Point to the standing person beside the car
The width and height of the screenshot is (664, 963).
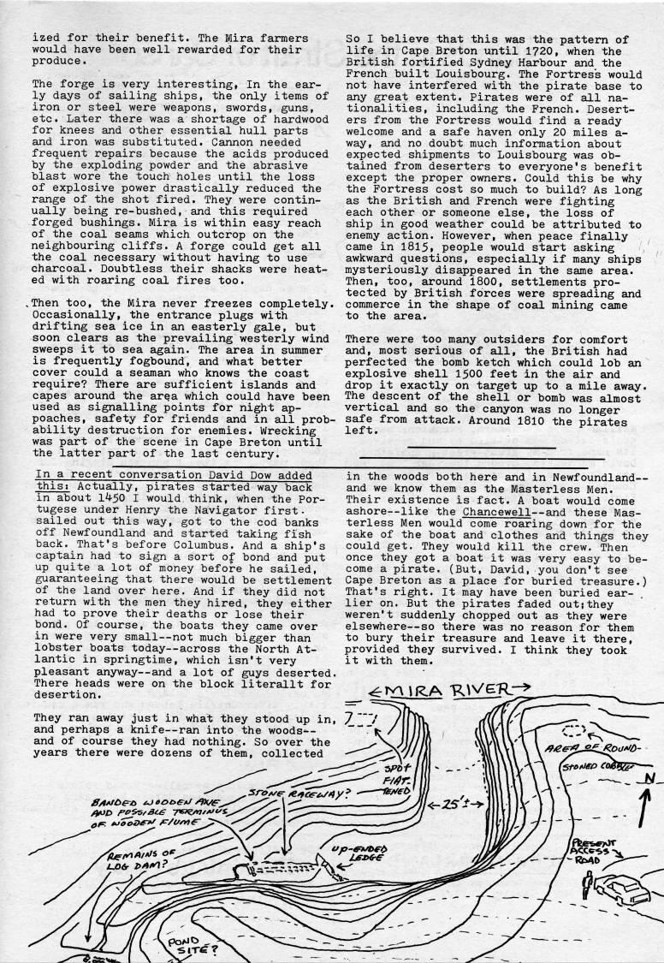pyautogui.click(x=586, y=896)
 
